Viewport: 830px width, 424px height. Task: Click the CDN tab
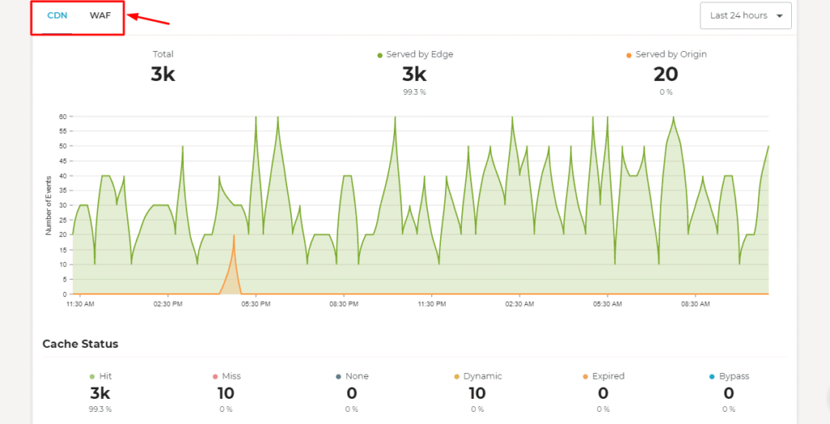click(x=57, y=15)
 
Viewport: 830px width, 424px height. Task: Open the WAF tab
click(x=101, y=15)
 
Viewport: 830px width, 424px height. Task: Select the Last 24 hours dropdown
click(x=746, y=15)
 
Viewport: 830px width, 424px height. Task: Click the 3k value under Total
click(x=163, y=75)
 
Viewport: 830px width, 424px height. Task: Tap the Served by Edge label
click(x=419, y=54)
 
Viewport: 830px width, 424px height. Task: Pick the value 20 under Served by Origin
click(x=665, y=75)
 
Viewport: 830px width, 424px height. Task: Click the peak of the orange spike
click(x=233, y=235)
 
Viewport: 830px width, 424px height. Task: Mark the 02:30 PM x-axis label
click(x=167, y=305)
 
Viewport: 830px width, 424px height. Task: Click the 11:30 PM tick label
click(x=431, y=305)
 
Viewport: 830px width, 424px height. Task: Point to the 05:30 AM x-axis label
click(x=607, y=305)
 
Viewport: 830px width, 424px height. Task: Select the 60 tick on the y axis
click(x=62, y=117)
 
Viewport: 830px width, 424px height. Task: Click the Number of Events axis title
click(x=49, y=205)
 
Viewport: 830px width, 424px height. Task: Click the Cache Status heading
click(x=80, y=344)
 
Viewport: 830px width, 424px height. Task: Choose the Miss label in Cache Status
click(x=231, y=376)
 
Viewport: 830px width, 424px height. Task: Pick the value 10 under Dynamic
click(x=477, y=394)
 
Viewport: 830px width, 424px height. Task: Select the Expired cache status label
click(x=608, y=376)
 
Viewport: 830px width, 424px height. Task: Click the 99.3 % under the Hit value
click(x=101, y=409)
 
